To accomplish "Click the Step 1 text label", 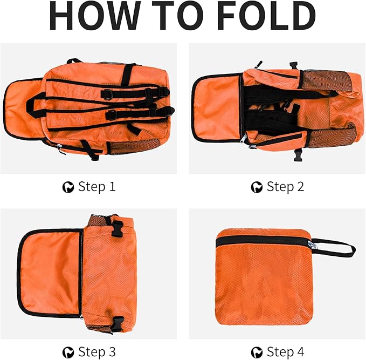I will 96,187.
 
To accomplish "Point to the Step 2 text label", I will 285,187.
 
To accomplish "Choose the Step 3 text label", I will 96,352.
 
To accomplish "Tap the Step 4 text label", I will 285,352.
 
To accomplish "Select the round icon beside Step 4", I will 257,352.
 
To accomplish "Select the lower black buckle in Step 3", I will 117,323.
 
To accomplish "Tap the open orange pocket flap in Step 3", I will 50,273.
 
